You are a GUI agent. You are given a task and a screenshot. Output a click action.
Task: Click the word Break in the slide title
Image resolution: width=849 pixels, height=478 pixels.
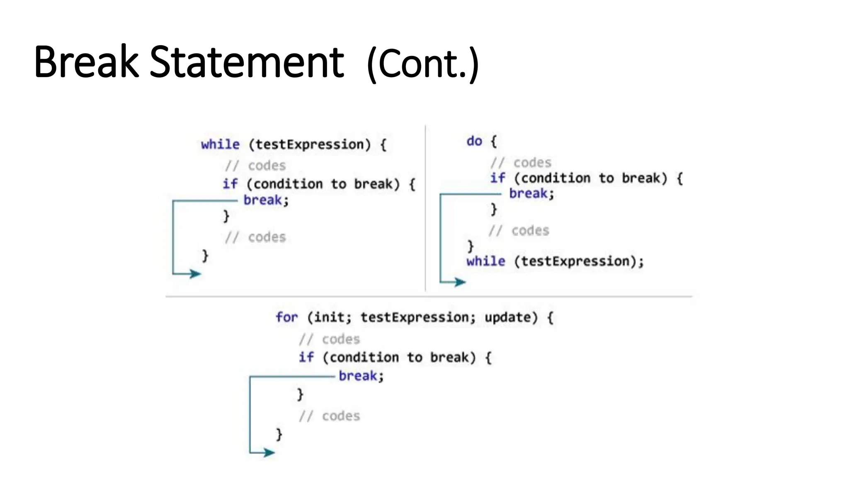[x=86, y=62]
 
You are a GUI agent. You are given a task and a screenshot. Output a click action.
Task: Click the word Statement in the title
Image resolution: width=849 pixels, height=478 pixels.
[x=246, y=62]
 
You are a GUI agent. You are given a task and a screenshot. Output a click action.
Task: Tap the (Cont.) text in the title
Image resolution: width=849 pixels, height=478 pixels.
[x=422, y=64]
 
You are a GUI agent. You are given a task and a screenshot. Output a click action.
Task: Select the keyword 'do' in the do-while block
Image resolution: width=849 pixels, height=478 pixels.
[x=474, y=141]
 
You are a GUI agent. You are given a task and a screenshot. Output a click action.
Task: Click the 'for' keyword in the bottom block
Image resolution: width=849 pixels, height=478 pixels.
[x=286, y=317]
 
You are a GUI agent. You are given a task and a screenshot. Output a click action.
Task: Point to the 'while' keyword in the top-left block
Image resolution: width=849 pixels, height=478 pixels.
[x=220, y=144]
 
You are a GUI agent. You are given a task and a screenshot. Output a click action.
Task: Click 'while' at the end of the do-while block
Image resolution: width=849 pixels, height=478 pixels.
[x=485, y=261]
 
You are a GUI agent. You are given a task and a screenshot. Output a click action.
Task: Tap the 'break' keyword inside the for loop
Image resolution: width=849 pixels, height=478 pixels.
[x=358, y=376]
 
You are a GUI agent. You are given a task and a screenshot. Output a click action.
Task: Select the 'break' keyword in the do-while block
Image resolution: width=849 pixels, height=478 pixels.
[x=528, y=193]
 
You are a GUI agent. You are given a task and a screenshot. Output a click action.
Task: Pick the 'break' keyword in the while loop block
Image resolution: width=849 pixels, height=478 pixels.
[x=262, y=200]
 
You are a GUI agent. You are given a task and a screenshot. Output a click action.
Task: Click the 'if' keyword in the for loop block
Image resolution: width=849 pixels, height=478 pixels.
[x=306, y=357]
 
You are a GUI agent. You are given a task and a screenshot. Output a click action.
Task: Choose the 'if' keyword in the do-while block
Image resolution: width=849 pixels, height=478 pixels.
[x=497, y=178]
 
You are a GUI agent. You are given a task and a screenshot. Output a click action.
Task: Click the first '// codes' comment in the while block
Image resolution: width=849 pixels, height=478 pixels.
[x=255, y=166]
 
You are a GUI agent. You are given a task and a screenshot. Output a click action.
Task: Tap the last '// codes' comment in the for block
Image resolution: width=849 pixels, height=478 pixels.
[x=330, y=416]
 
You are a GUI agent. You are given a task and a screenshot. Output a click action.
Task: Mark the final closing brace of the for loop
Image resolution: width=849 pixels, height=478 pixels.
[x=279, y=434]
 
